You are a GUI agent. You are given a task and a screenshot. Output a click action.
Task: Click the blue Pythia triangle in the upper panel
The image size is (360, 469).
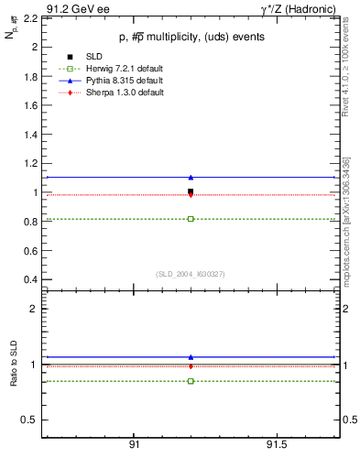pos(191,177)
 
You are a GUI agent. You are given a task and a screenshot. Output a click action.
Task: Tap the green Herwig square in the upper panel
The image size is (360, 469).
pos(191,219)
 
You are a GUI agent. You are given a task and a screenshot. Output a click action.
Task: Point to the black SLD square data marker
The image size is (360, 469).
pos(191,191)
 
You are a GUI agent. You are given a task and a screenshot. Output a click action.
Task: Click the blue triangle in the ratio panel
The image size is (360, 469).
pos(191,357)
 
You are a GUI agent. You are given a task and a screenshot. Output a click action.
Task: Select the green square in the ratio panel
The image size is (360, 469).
pos(191,381)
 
